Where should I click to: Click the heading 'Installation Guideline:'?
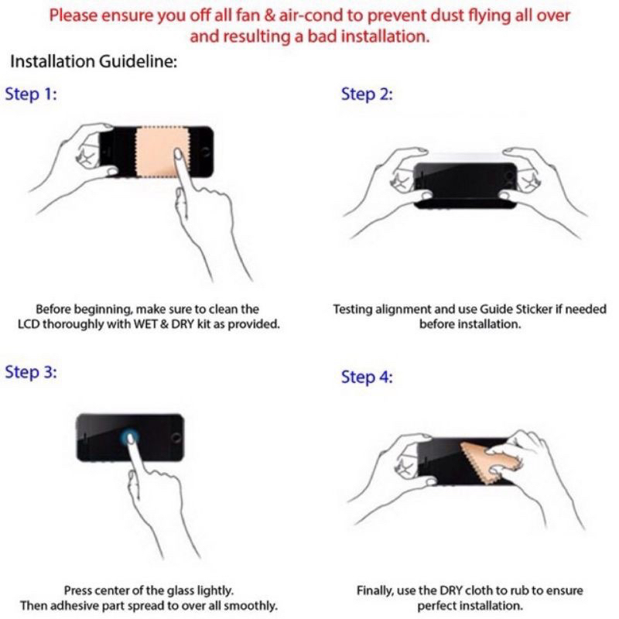(x=94, y=62)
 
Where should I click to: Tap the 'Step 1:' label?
(x=31, y=94)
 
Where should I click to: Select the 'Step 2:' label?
(x=367, y=94)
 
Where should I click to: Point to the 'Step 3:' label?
(x=31, y=372)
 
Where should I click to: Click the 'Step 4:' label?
(x=367, y=377)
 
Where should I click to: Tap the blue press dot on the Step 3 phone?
(x=129, y=437)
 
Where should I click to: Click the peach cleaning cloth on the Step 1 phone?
(x=162, y=152)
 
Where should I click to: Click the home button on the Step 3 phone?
(x=176, y=437)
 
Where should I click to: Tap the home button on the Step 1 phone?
(x=205, y=152)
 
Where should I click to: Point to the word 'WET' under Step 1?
(x=146, y=324)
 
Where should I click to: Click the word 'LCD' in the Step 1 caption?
(x=29, y=324)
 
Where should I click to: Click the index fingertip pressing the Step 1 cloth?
(x=179, y=153)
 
